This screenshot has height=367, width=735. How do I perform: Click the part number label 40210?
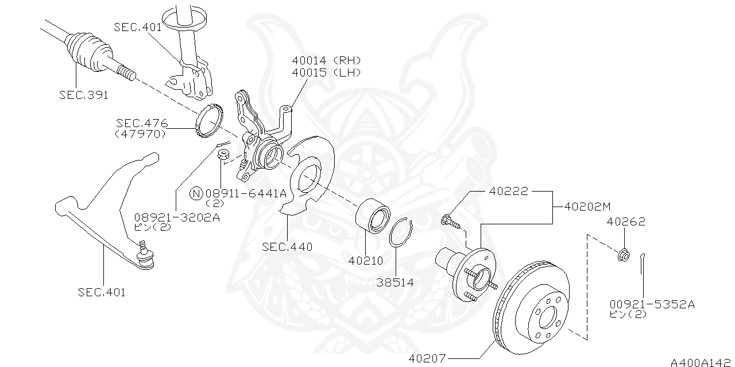(x=365, y=261)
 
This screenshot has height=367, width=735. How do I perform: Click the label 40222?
(x=508, y=191)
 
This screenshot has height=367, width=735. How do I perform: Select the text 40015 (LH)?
(x=326, y=72)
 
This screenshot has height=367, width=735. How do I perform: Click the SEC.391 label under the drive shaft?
(x=83, y=95)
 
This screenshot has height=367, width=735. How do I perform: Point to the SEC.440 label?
(x=287, y=247)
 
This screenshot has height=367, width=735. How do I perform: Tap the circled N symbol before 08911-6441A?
(x=196, y=193)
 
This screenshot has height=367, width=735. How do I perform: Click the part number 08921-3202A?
(x=177, y=217)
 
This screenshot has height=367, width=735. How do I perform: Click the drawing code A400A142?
(x=702, y=362)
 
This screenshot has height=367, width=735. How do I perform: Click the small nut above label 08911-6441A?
(x=223, y=154)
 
